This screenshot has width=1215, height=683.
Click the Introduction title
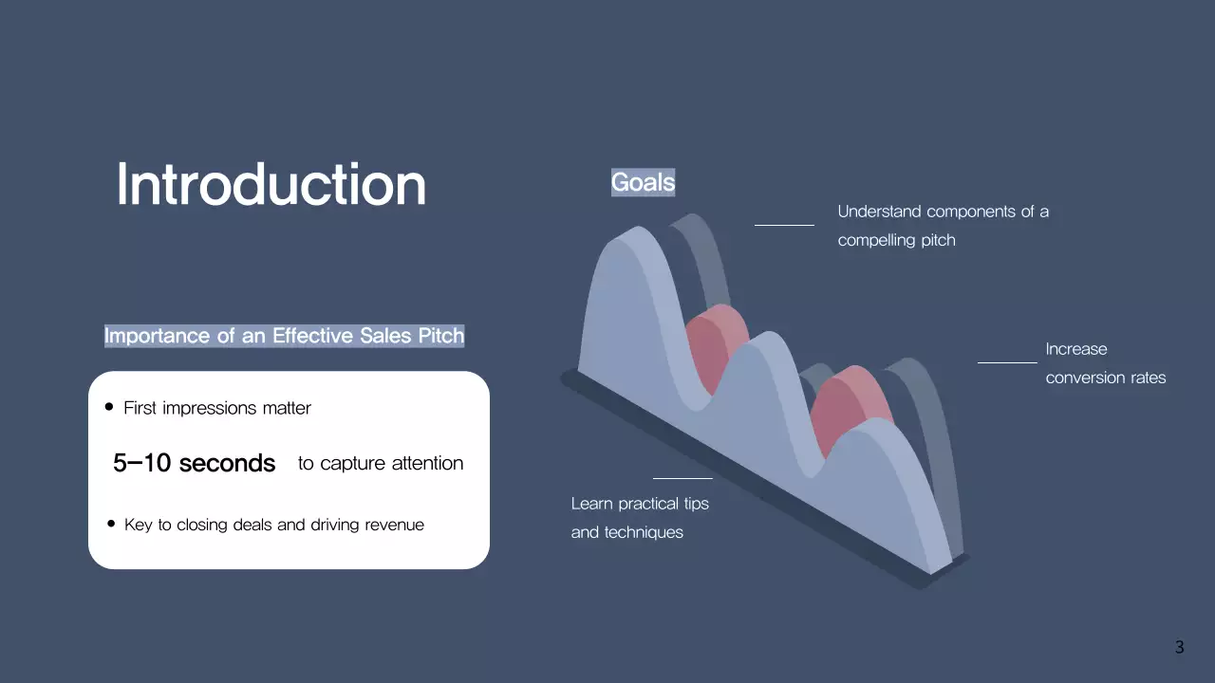pos(271,185)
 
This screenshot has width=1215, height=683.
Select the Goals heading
pos(643,182)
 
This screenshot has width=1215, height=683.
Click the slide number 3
pos(1180,648)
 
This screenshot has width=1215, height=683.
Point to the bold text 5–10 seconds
pos(195,463)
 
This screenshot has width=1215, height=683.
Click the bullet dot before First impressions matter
pos(109,407)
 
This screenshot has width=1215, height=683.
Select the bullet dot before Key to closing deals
pos(110,524)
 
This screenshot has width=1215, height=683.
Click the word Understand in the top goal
pos(880,212)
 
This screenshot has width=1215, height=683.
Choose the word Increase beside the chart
pos(1076,349)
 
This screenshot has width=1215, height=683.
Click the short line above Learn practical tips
pos(682,478)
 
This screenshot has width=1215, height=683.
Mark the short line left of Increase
pos(1007,361)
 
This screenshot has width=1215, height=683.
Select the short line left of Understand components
pos(784,225)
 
